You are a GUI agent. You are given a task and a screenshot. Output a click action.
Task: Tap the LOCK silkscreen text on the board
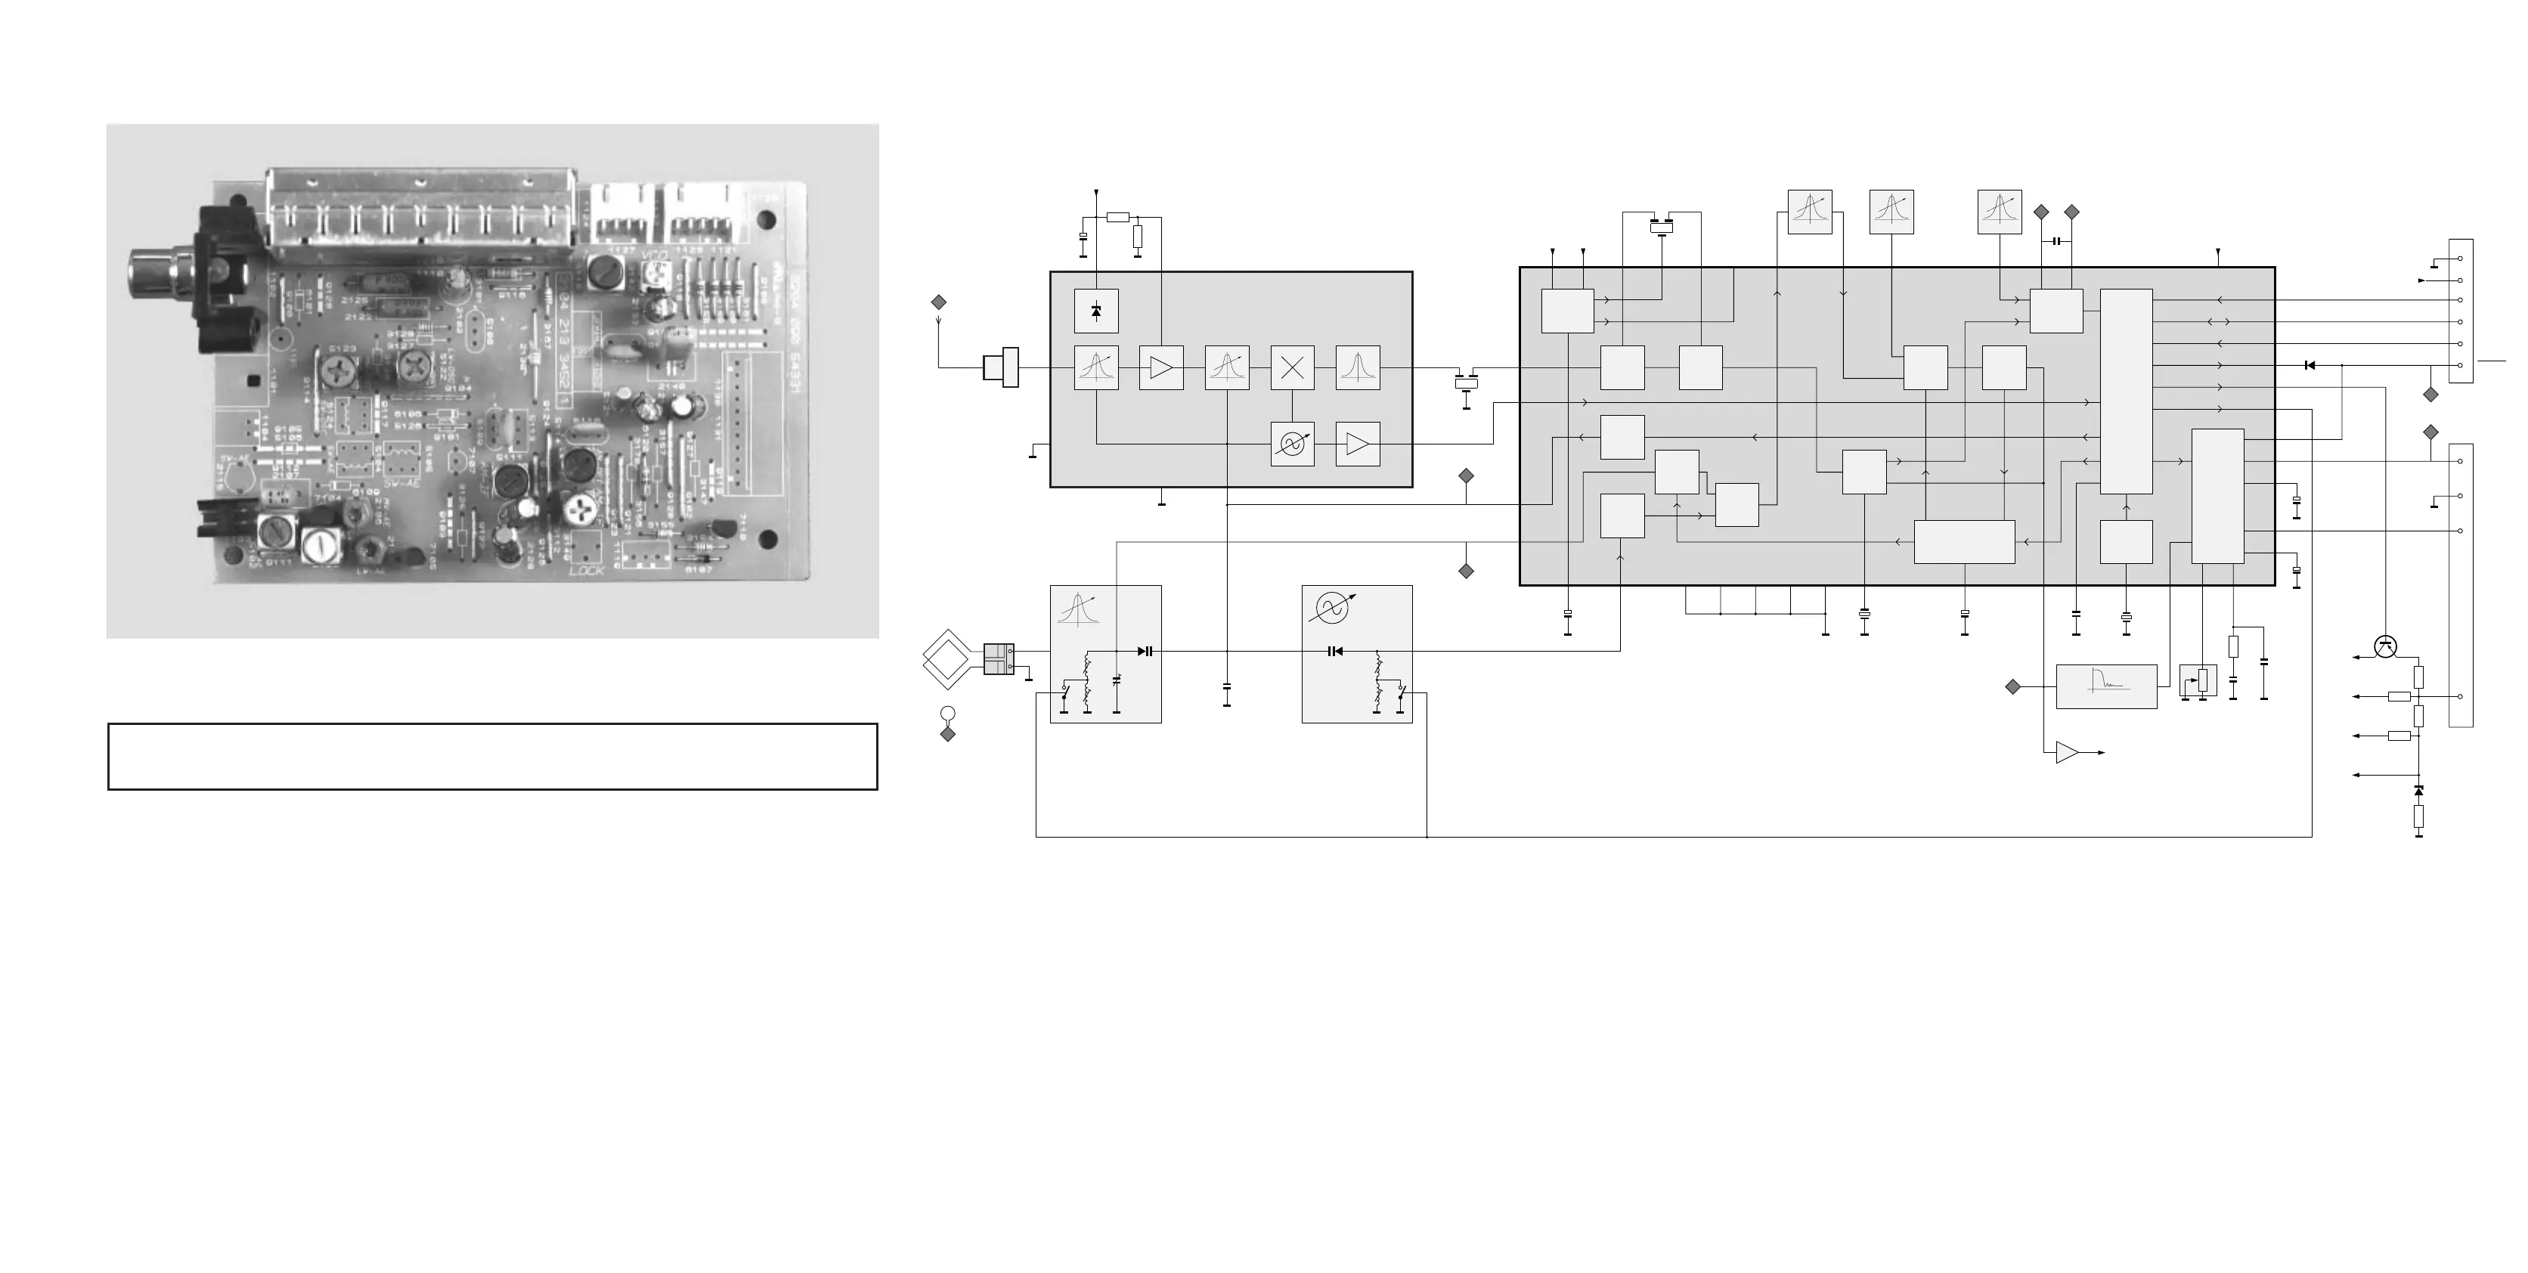(x=587, y=569)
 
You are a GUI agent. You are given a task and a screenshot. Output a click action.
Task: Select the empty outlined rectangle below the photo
(x=491, y=757)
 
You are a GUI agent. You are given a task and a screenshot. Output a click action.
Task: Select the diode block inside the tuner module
(x=1096, y=312)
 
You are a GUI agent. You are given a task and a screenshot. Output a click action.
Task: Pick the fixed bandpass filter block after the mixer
(x=1357, y=368)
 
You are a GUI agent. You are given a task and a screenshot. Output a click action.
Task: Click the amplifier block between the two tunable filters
(x=1161, y=368)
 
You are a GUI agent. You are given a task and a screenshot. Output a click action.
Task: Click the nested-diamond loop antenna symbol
(x=947, y=658)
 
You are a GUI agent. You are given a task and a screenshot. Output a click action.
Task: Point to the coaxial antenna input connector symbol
(x=1001, y=368)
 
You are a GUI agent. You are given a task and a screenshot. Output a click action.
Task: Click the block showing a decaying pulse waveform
(x=2106, y=686)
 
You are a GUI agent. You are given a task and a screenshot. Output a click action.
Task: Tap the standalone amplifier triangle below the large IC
(x=2067, y=753)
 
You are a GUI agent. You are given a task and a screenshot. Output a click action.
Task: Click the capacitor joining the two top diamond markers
(x=2056, y=241)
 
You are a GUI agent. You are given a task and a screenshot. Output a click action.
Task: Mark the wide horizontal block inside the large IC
(x=1964, y=542)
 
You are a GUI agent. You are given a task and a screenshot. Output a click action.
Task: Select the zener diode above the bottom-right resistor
(x=2418, y=790)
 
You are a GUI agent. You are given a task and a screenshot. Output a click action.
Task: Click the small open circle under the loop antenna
(x=947, y=714)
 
